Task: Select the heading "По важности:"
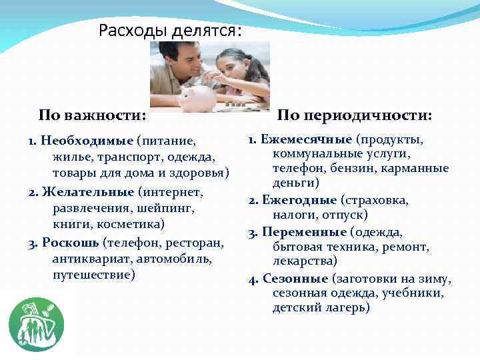point(92,115)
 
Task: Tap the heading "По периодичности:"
point(354,115)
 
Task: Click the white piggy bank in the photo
point(197,97)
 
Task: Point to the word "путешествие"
point(93,274)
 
